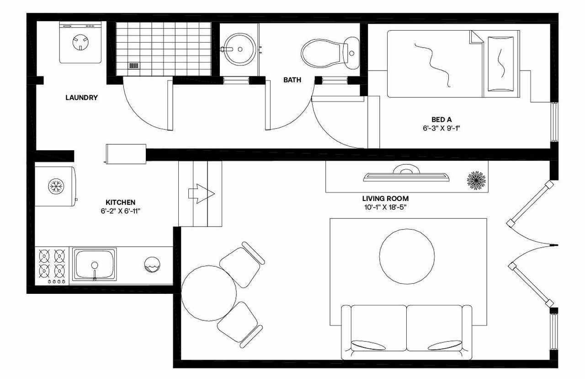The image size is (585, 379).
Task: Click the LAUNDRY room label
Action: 81,97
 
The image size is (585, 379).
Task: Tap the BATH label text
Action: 292,80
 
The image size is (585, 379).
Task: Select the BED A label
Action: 441,120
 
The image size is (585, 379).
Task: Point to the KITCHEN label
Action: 121,202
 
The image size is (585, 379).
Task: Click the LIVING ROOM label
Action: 385,199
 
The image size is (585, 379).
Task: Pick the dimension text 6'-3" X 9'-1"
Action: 441,129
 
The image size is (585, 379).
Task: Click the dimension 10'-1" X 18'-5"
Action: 385,207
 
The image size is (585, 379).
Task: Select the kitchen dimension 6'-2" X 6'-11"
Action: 121,211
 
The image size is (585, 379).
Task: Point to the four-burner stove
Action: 52,264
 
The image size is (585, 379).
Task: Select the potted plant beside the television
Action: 475,179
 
